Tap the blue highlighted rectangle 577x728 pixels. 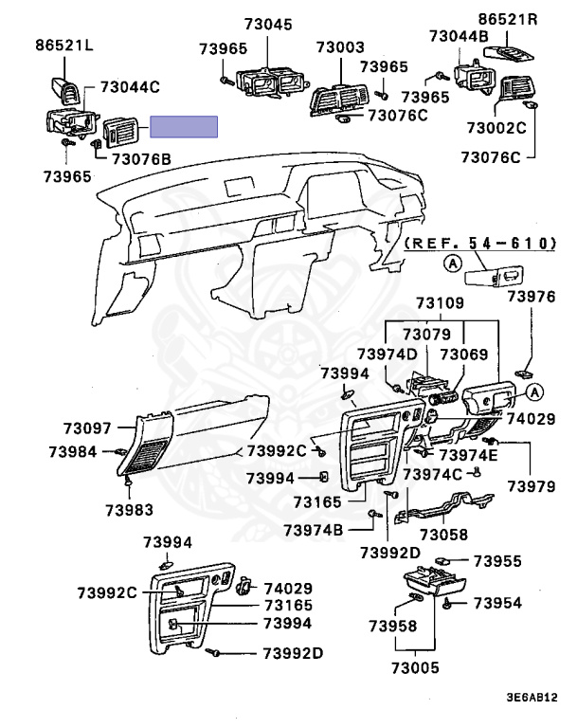click(184, 127)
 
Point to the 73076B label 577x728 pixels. click(141, 158)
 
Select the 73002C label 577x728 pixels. click(496, 127)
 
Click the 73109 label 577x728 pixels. click(440, 303)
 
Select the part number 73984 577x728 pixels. click(73, 452)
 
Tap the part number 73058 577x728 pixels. click(443, 535)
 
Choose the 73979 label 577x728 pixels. click(530, 486)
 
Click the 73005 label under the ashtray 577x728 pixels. click(416, 667)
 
